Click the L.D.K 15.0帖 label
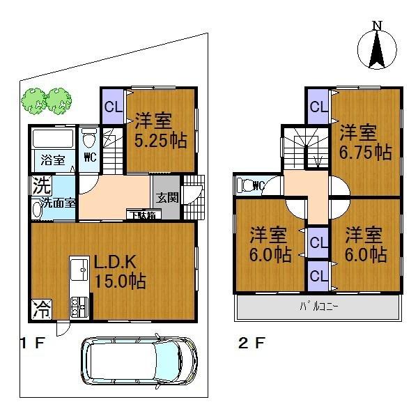point(120,274)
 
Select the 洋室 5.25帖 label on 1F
point(160,130)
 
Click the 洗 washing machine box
point(38,187)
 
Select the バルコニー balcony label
point(319,305)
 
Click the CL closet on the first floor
point(112,107)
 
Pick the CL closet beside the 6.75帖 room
point(318,107)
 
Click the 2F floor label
point(249,343)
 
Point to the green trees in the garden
point(45,100)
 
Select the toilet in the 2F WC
point(245,186)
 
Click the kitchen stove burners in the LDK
point(77,304)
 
